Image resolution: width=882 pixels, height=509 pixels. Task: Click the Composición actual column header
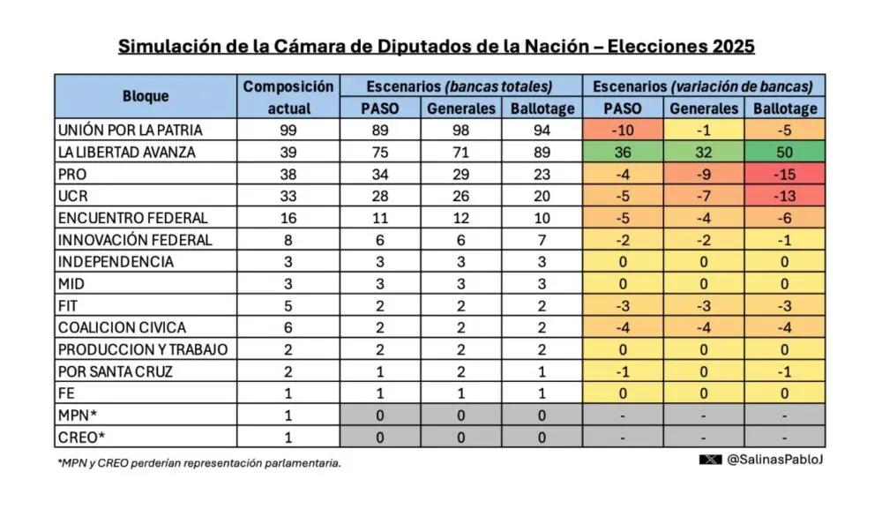click(x=288, y=97)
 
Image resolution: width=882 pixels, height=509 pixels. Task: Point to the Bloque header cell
click(x=146, y=97)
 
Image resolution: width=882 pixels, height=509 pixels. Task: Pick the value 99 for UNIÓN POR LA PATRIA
click(x=288, y=130)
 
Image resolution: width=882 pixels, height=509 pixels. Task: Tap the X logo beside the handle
click(x=711, y=460)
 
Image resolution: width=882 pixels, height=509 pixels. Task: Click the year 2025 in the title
click(x=728, y=45)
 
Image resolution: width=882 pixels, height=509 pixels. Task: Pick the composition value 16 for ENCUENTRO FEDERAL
click(x=288, y=218)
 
